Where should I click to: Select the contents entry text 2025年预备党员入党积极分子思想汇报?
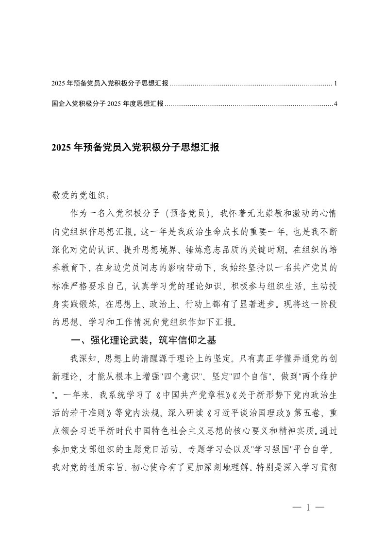[110, 84]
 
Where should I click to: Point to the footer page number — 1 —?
[308, 508]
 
